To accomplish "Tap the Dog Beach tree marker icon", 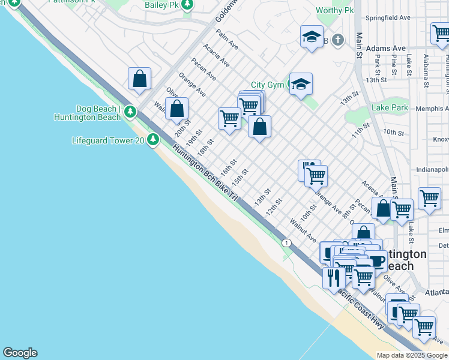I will coord(130,112).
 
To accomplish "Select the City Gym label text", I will coord(267,85).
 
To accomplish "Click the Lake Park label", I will coord(390,108).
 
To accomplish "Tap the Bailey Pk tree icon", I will coord(187,5).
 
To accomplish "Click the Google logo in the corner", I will coord(20,353).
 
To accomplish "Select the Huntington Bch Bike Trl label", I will coord(205,173).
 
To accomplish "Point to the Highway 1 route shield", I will coord(287,242).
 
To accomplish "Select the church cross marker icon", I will coord(338,40).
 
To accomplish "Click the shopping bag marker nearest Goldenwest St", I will coord(139,79).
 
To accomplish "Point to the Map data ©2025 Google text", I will coord(412,355).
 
